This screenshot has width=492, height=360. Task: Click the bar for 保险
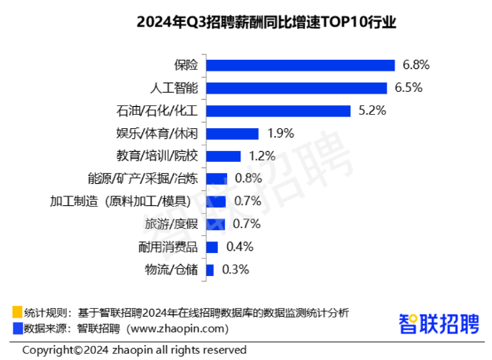(300, 65)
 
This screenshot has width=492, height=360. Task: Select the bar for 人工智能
(296, 88)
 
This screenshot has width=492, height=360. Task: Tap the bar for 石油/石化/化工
(278, 111)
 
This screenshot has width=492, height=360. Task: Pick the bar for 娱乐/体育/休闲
(232, 134)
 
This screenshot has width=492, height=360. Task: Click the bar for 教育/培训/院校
(223, 156)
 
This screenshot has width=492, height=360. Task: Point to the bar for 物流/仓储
(210, 270)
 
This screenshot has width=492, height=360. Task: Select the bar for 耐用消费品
(211, 248)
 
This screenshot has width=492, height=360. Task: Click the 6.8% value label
(416, 65)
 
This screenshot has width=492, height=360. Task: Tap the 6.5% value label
(408, 88)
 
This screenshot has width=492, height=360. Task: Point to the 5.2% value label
(372, 111)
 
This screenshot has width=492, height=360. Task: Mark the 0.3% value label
(235, 270)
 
